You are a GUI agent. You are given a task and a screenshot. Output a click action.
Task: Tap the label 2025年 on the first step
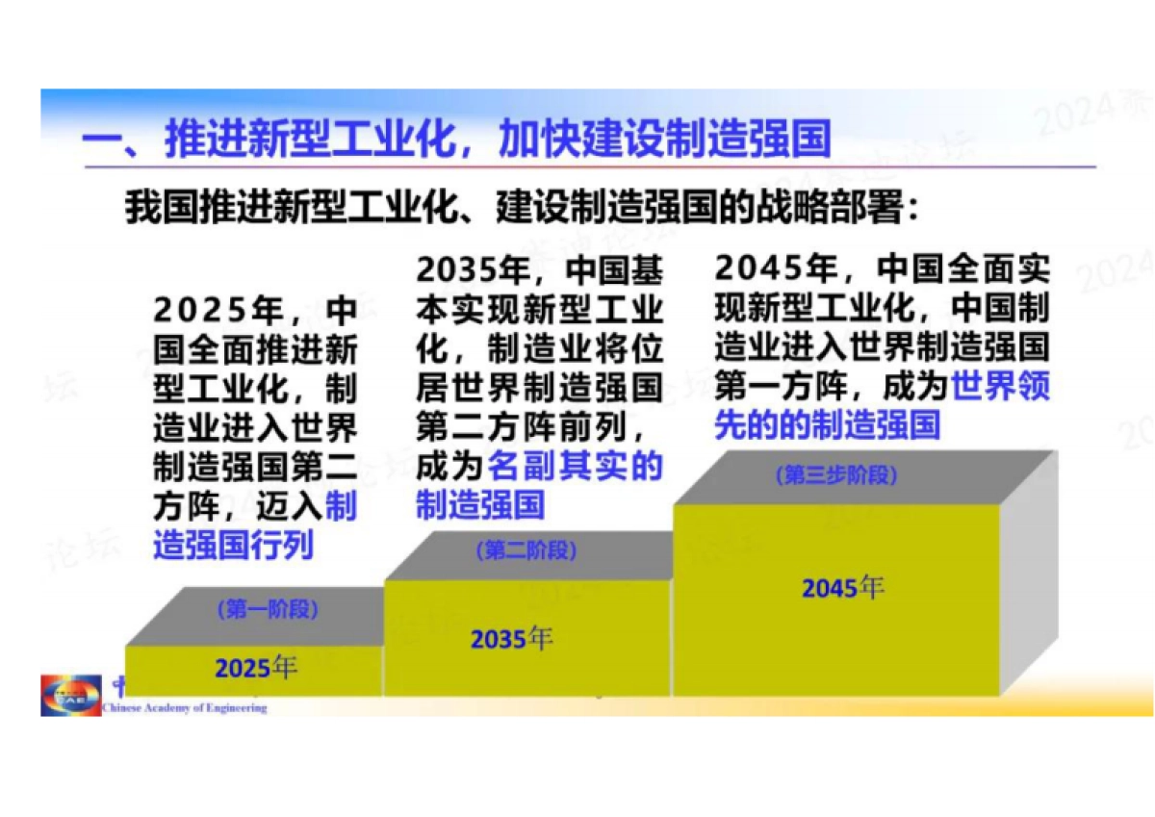(x=256, y=667)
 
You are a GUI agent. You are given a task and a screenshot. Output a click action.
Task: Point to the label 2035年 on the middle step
(x=511, y=637)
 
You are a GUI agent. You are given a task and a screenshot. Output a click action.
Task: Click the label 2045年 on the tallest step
(x=843, y=586)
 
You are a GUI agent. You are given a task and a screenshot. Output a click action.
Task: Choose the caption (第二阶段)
(x=526, y=550)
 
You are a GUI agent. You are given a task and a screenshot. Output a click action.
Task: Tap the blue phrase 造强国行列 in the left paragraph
(x=234, y=546)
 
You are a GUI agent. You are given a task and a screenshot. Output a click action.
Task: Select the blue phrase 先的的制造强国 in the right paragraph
(x=827, y=424)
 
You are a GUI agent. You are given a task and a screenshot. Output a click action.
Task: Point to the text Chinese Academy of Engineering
(x=184, y=708)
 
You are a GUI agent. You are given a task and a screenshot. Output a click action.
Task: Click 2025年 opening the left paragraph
(x=218, y=311)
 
